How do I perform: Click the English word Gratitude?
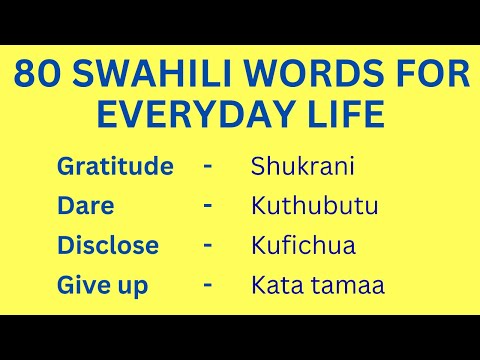click(115, 166)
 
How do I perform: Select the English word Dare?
click(86, 206)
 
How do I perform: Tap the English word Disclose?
click(108, 246)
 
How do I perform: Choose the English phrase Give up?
click(103, 286)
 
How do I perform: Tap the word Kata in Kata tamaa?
click(275, 286)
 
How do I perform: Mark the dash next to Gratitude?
click(207, 165)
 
